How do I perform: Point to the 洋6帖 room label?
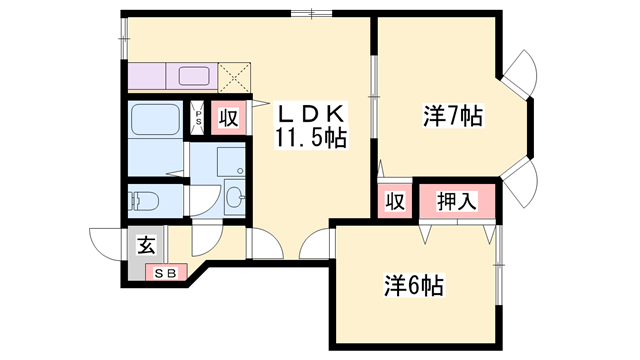(x=410, y=286)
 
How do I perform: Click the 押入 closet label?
(x=455, y=200)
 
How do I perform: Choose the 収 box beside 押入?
(x=395, y=200)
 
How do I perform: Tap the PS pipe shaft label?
(x=199, y=118)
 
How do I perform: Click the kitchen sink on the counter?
(x=192, y=75)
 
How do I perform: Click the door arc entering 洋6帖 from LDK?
(x=318, y=243)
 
